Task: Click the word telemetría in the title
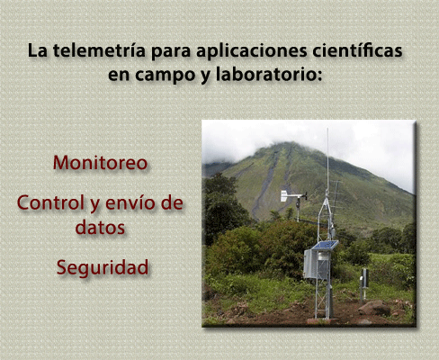click(99, 50)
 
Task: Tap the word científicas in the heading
click(357, 50)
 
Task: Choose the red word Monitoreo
click(100, 163)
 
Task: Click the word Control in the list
click(50, 202)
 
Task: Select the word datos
click(100, 227)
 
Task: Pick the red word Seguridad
click(103, 267)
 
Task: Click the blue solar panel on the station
click(325, 245)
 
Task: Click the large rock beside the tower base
click(374, 308)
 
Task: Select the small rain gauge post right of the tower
click(364, 283)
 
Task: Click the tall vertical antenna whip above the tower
click(327, 159)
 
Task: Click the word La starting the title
click(38, 50)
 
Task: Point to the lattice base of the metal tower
click(322, 299)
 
